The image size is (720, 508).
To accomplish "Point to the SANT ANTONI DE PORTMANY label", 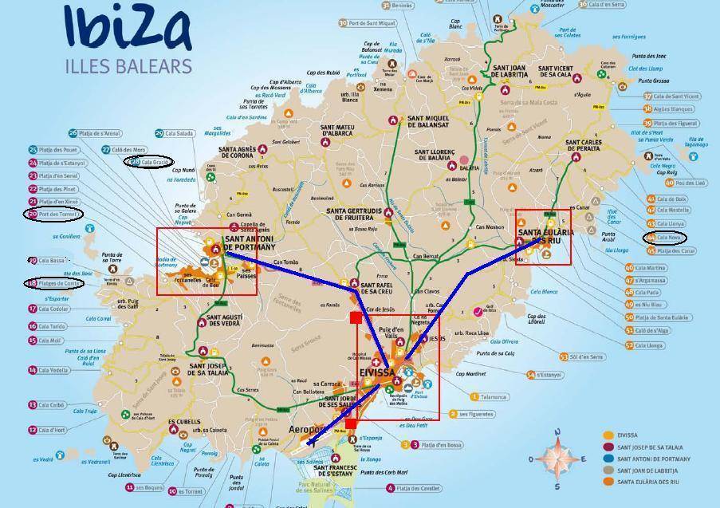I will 249,242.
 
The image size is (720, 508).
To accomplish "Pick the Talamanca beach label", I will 494,396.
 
